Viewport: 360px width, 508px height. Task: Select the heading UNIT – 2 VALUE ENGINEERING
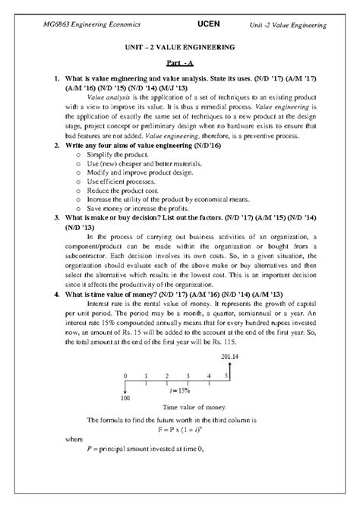179,48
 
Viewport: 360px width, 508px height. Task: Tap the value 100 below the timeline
125,398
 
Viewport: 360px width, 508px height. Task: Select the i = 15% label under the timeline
179,391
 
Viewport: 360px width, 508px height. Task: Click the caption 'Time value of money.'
179,408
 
